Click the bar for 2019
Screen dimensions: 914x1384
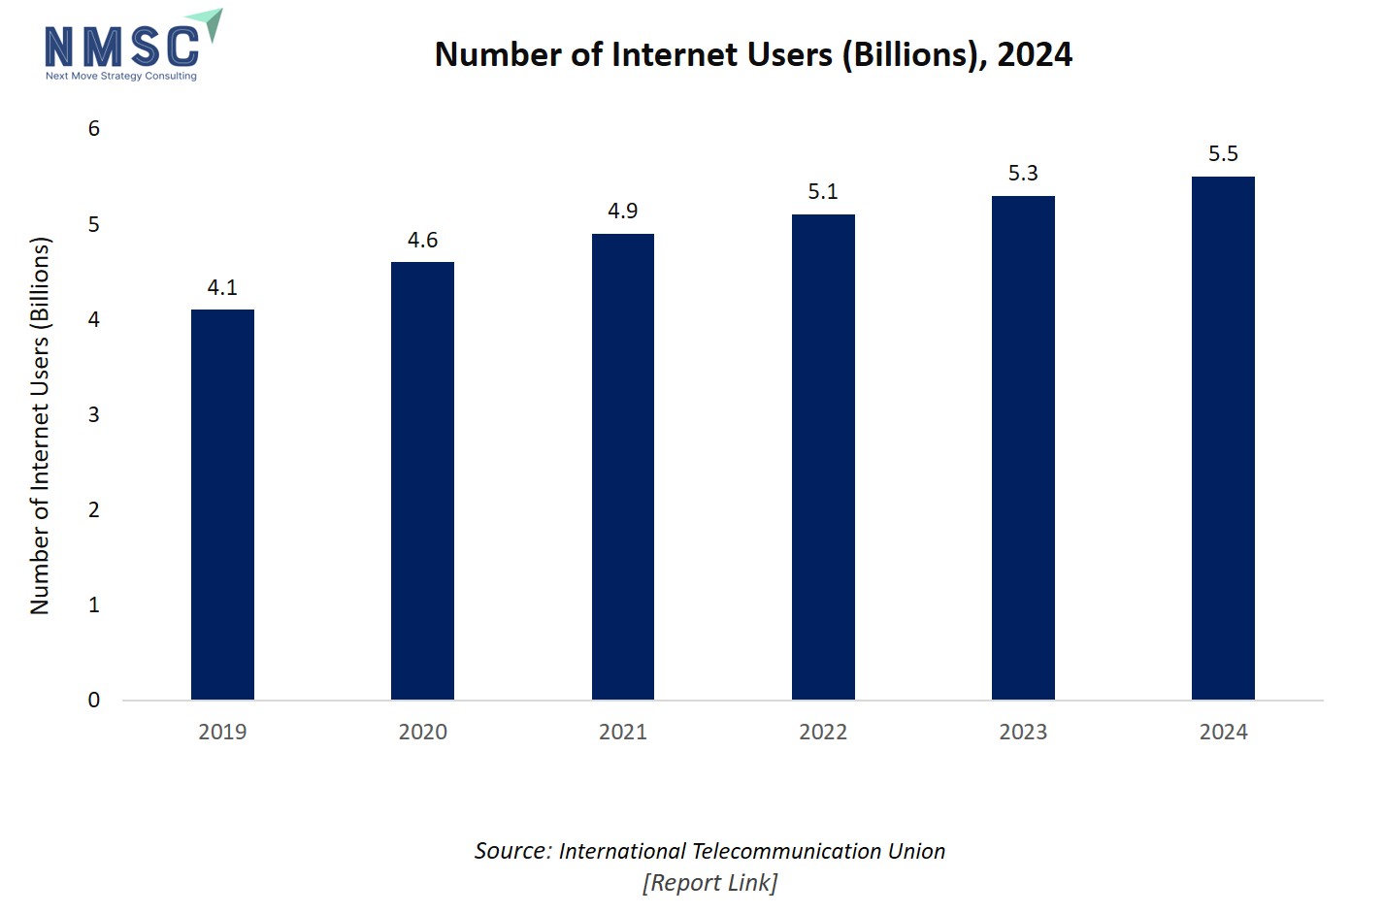222,505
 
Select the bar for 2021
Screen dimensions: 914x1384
623,467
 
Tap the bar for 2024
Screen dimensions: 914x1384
1223,438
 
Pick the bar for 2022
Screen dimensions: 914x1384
823,457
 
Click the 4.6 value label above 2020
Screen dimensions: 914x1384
422,240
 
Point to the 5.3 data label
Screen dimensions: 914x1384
1023,173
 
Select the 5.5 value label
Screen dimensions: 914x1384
1223,153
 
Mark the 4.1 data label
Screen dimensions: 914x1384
222,287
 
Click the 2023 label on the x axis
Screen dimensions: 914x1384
1023,733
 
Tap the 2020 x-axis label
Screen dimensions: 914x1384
422,733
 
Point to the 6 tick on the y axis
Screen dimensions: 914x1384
94,129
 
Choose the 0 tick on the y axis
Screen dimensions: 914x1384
94,701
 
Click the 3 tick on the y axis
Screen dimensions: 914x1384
94,415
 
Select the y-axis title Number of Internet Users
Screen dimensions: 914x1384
40,425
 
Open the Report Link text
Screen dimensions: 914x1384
709,883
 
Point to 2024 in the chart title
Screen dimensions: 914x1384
1035,54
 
